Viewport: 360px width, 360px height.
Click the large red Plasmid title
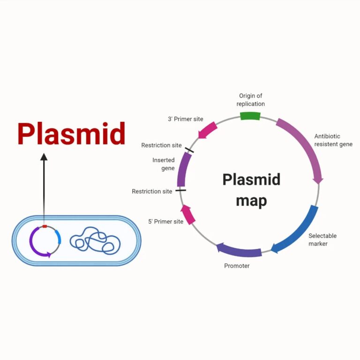tap(71, 134)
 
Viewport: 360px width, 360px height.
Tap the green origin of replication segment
tap(250, 116)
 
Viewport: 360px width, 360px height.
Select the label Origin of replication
tap(250, 100)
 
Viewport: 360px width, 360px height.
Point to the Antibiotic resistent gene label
tap(333, 140)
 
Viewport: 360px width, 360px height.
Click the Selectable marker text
tap(322, 240)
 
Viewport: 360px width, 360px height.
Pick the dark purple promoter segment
tap(239, 251)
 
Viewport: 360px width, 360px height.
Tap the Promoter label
tap(237, 266)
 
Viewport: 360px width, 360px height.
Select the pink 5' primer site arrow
tap(188, 214)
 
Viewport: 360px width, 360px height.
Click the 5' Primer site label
tap(166, 221)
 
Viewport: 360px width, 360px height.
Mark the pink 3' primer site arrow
tap(207, 130)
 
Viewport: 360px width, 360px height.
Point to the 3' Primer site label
tap(186, 119)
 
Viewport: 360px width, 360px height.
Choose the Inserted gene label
tap(164, 164)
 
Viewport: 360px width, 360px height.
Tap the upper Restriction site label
tap(161, 145)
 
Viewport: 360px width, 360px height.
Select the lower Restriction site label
tap(152, 191)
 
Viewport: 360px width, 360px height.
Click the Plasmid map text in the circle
tap(251, 190)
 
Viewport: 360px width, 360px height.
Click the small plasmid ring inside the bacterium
tap(45, 241)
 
